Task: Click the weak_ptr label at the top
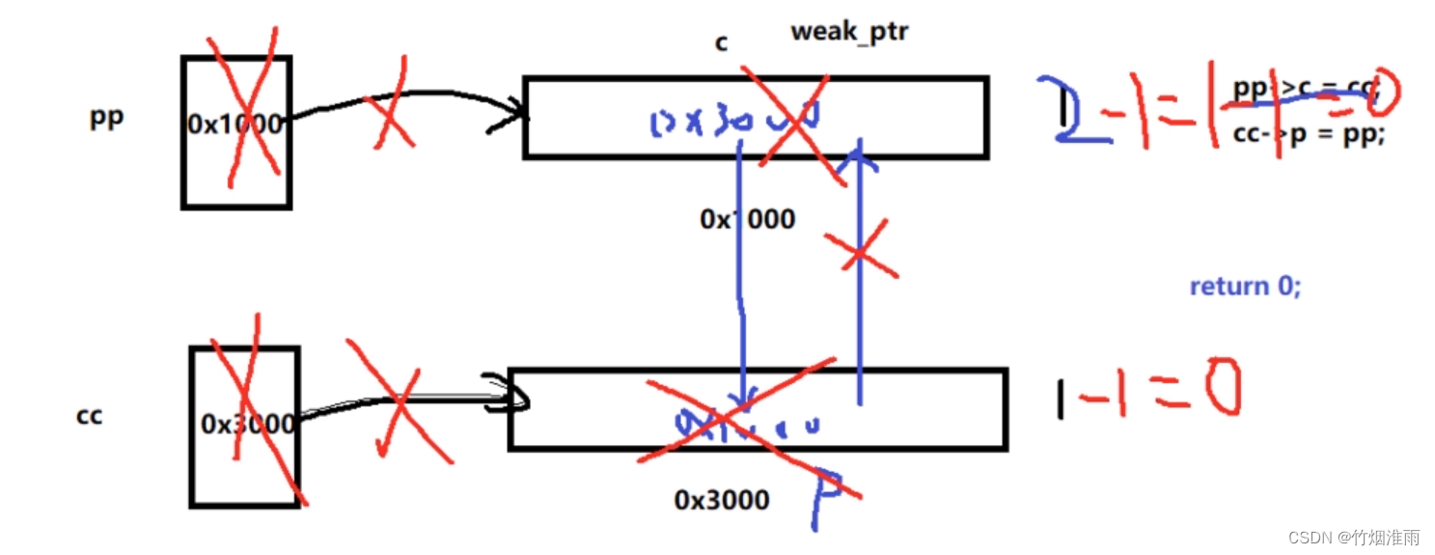(849, 31)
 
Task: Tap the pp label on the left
(106, 119)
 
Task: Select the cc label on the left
(89, 416)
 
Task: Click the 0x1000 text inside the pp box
(235, 124)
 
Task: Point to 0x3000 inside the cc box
(247, 424)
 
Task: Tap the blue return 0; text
(1245, 287)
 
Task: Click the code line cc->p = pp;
(1308, 134)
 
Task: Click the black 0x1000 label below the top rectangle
(747, 219)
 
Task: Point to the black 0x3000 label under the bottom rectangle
(721, 500)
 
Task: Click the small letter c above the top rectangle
(720, 43)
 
